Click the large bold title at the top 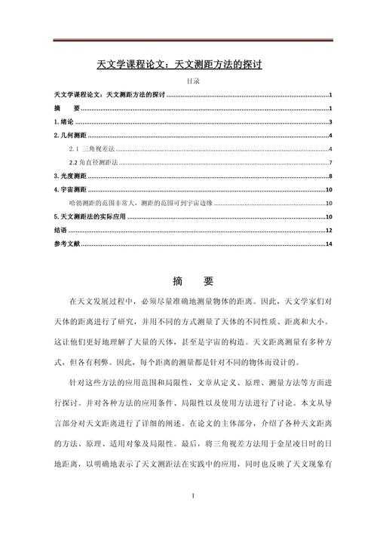[189, 65]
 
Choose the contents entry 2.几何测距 [66, 135]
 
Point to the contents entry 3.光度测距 [66, 176]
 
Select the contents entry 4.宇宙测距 [66, 189]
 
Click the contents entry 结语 [60, 230]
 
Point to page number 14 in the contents [329, 244]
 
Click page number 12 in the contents [329, 230]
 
